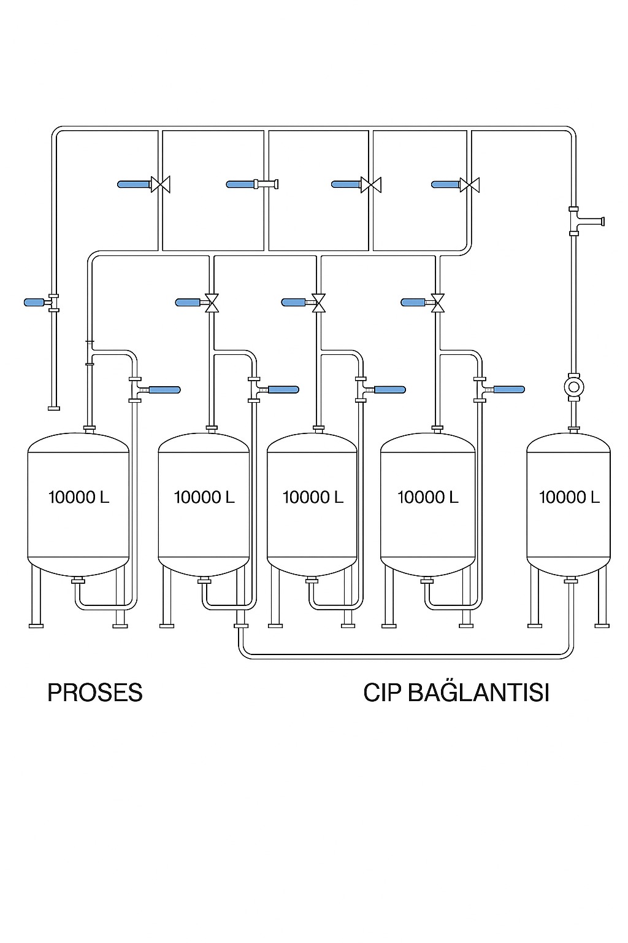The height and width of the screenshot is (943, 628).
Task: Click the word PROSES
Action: tap(95, 693)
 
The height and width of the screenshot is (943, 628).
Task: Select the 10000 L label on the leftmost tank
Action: tap(78, 497)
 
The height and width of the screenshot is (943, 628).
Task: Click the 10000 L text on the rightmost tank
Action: tap(569, 497)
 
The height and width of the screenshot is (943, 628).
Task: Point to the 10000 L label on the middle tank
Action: tap(312, 497)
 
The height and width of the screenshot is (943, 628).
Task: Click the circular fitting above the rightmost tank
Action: tap(574, 387)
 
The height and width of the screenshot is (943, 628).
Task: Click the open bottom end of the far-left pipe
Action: tap(54, 408)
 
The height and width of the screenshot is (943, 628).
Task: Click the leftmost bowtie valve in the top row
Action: tap(161, 184)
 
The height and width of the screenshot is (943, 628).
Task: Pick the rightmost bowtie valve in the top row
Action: tap(470, 184)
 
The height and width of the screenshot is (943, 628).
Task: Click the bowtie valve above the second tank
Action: tap(212, 302)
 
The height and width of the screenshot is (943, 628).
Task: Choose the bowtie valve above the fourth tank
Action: tap(437, 302)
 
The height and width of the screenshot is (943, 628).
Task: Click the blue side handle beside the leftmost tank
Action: tap(164, 390)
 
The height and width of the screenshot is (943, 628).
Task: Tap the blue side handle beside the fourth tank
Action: tap(509, 389)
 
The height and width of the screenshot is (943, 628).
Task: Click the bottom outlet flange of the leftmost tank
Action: tap(78, 581)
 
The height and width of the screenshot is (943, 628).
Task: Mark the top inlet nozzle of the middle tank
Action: tap(318, 428)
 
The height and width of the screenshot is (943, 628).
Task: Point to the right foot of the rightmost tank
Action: tap(602, 625)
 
